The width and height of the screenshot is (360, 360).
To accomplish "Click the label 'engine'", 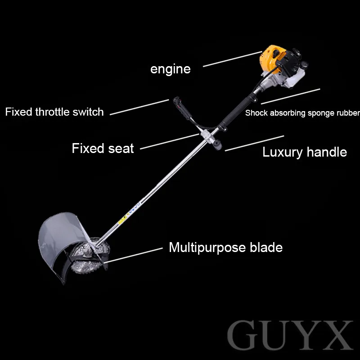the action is [170, 69].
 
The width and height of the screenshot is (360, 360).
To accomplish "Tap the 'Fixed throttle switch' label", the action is [54, 112].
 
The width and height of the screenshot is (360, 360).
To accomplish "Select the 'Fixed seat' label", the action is [103, 148].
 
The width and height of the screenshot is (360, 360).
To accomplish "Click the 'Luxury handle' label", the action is [305, 152].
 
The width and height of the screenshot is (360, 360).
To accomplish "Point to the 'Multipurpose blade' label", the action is [225, 247].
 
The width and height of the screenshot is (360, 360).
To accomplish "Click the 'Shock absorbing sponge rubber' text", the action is [302, 113].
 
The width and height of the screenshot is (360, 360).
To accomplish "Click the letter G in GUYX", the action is [245, 337].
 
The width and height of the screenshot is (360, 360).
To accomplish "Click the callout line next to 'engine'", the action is [232, 59].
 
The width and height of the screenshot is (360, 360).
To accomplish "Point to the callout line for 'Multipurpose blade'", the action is [135, 254].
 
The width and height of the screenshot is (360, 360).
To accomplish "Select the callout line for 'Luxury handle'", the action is [254, 143].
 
